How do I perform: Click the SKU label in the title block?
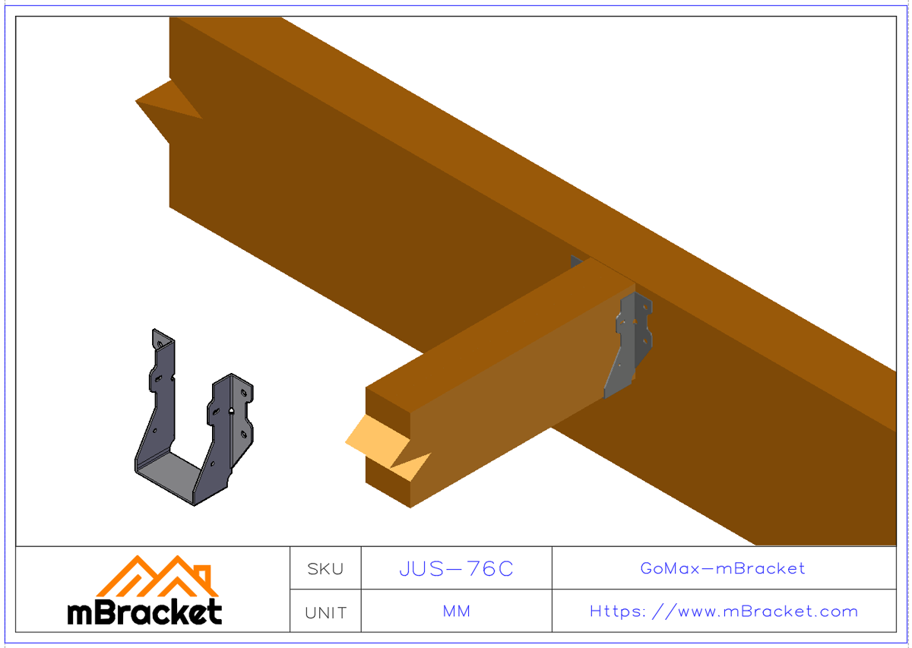click(x=325, y=568)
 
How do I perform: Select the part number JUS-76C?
click(x=456, y=568)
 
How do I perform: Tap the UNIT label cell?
click(x=325, y=612)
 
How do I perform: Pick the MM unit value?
click(x=456, y=612)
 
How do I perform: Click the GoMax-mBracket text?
click(x=723, y=568)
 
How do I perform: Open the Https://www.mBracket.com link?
click(x=723, y=612)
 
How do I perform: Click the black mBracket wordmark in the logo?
click(x=144, y=612)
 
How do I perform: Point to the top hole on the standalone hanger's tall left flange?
click(x=160, y=345)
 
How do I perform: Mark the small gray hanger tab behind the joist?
click(x=576, y=261)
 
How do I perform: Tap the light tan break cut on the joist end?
click(x=380, y=444)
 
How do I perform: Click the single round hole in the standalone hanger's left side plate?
click(x=155, y=431)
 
